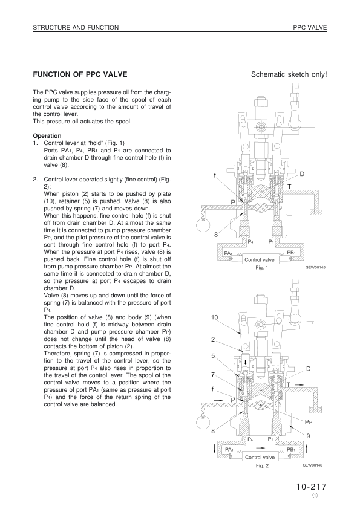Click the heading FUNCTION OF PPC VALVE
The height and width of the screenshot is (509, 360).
click(x=80, y=74)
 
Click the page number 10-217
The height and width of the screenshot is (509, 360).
click(x=311, y=487)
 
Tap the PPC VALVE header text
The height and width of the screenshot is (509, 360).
click(x=310, y=28)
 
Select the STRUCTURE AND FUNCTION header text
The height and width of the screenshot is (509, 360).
click(x=76, y=28)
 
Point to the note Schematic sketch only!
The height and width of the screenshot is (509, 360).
click(x=289, y=74)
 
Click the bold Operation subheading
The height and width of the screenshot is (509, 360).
click(x=47, y=135)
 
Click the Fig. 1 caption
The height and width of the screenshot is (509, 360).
click(x=261, y=268)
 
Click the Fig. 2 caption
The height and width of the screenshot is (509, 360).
click(x=262, y=466)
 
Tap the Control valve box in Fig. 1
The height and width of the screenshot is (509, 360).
click(x=260, y=259)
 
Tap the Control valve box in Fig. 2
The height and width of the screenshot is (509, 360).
click(x=260, y=457)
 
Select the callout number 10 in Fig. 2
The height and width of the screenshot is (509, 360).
click(x=214, y=317)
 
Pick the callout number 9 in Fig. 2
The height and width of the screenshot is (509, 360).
click(x=309, y=436)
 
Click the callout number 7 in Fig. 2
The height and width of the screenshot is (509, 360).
click(x=213, y=374)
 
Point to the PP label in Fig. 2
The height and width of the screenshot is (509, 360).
click(x=309, y=422)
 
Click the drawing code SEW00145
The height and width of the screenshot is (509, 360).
click(x=315, y=267)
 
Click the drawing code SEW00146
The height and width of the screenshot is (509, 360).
click(x=313, y=465)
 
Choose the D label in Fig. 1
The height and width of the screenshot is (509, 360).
click(x=302, y=174)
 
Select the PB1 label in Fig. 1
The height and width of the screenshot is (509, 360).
click(x=291, y=253)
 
